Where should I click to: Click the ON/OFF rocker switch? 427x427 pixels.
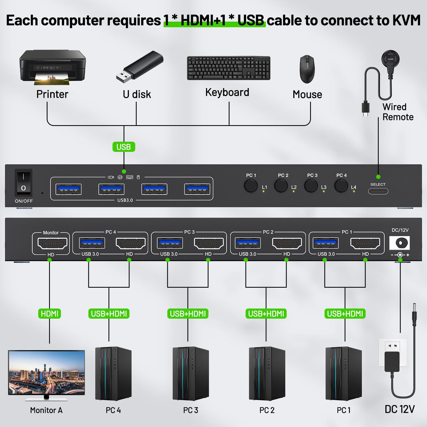click(23, 183)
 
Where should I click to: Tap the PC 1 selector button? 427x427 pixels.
click(251, 186)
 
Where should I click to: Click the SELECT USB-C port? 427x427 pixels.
click(378, 191)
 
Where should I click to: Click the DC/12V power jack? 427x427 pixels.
click(400, 243)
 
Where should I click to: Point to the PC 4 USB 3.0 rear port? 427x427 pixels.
click(92, 243)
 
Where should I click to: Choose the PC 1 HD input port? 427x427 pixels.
click(365, 243)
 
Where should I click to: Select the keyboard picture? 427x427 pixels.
click(228, 68)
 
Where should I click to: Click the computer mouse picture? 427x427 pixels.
click(307, 69)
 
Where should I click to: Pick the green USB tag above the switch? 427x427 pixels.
click(124, 147)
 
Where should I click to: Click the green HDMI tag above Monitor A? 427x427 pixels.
click(50, 314)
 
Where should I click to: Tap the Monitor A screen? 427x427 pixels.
click(46, 373)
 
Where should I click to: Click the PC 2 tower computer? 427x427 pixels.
click(267, 373)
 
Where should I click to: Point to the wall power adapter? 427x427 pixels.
click(392, 362)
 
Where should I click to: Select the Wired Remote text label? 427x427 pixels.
click(398, 112)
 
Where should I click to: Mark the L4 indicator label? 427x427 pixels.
click(354, 187)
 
